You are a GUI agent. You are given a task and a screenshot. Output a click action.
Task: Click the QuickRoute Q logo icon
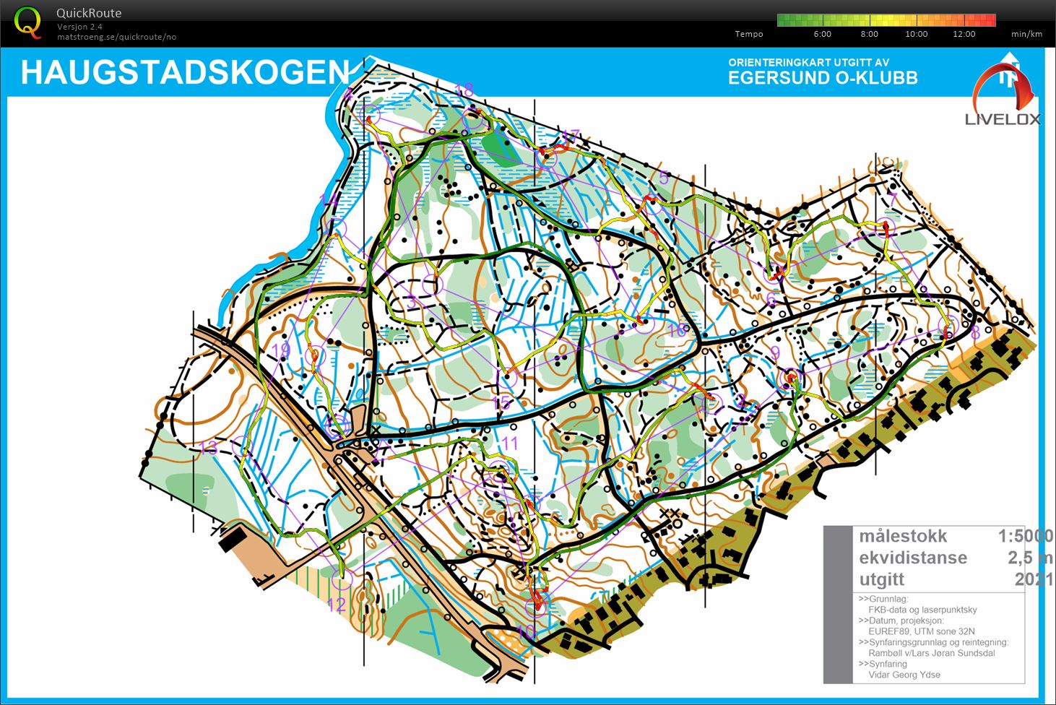[27, 22]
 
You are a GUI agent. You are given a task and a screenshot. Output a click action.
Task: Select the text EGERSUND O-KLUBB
[823, 78]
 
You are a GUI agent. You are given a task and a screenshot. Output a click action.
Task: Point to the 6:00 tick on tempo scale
[822, 34]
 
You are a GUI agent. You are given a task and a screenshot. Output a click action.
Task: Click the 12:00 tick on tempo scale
[964, 34]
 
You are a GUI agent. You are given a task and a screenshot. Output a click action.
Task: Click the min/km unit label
[1026, 34]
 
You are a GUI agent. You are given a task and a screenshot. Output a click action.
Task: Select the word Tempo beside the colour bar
[748, 34]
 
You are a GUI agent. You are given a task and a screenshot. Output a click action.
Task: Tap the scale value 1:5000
[1025, 536]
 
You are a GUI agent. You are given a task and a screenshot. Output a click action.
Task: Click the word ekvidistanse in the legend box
[913, 558]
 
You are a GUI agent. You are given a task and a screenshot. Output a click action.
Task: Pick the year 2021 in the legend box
[1033, 579]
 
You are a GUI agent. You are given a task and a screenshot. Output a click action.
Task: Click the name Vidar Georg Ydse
[904, 675]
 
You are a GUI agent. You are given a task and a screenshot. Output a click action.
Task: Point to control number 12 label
[337, 605]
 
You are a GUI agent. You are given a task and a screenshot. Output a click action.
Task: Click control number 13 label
[208, 448]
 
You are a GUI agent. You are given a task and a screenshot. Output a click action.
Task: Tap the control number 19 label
[280, 351]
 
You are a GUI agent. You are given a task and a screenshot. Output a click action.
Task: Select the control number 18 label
[464, 90]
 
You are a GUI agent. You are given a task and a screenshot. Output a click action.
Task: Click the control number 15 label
[501, 403]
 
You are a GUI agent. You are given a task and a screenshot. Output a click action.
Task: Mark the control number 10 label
[527, 631]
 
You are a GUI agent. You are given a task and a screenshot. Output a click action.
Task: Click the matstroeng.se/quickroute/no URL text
[116, 37]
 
